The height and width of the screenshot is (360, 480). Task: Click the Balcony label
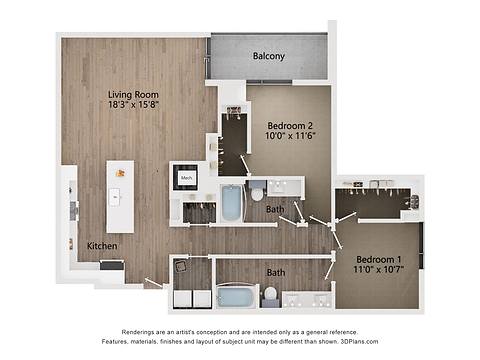coord(268,56)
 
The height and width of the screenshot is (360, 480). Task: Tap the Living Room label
coord(133,96)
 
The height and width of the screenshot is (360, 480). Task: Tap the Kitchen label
coord(103,245)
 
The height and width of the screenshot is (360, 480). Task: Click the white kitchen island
coord(120,196)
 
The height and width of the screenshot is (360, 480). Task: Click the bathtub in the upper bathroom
coord(231,203)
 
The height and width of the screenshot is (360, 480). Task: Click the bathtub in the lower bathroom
coord(237,296)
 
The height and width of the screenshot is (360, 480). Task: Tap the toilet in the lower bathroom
coord(270,295)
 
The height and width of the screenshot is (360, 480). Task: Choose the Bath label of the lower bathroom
coord(275,272)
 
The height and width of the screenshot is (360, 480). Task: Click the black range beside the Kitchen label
coord(111,265)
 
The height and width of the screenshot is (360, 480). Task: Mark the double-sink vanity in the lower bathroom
coord(308,299)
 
